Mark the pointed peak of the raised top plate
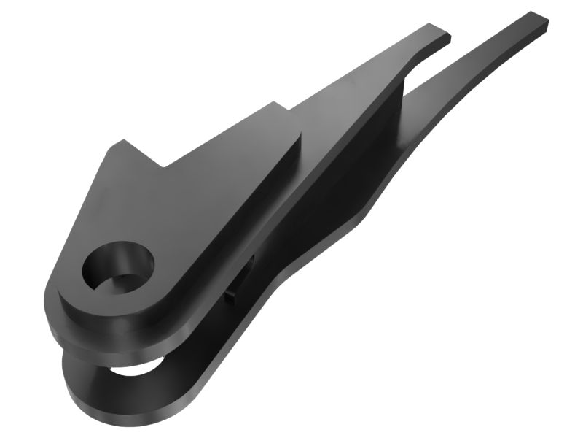pos(120,144)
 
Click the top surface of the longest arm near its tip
pos(510,36)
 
